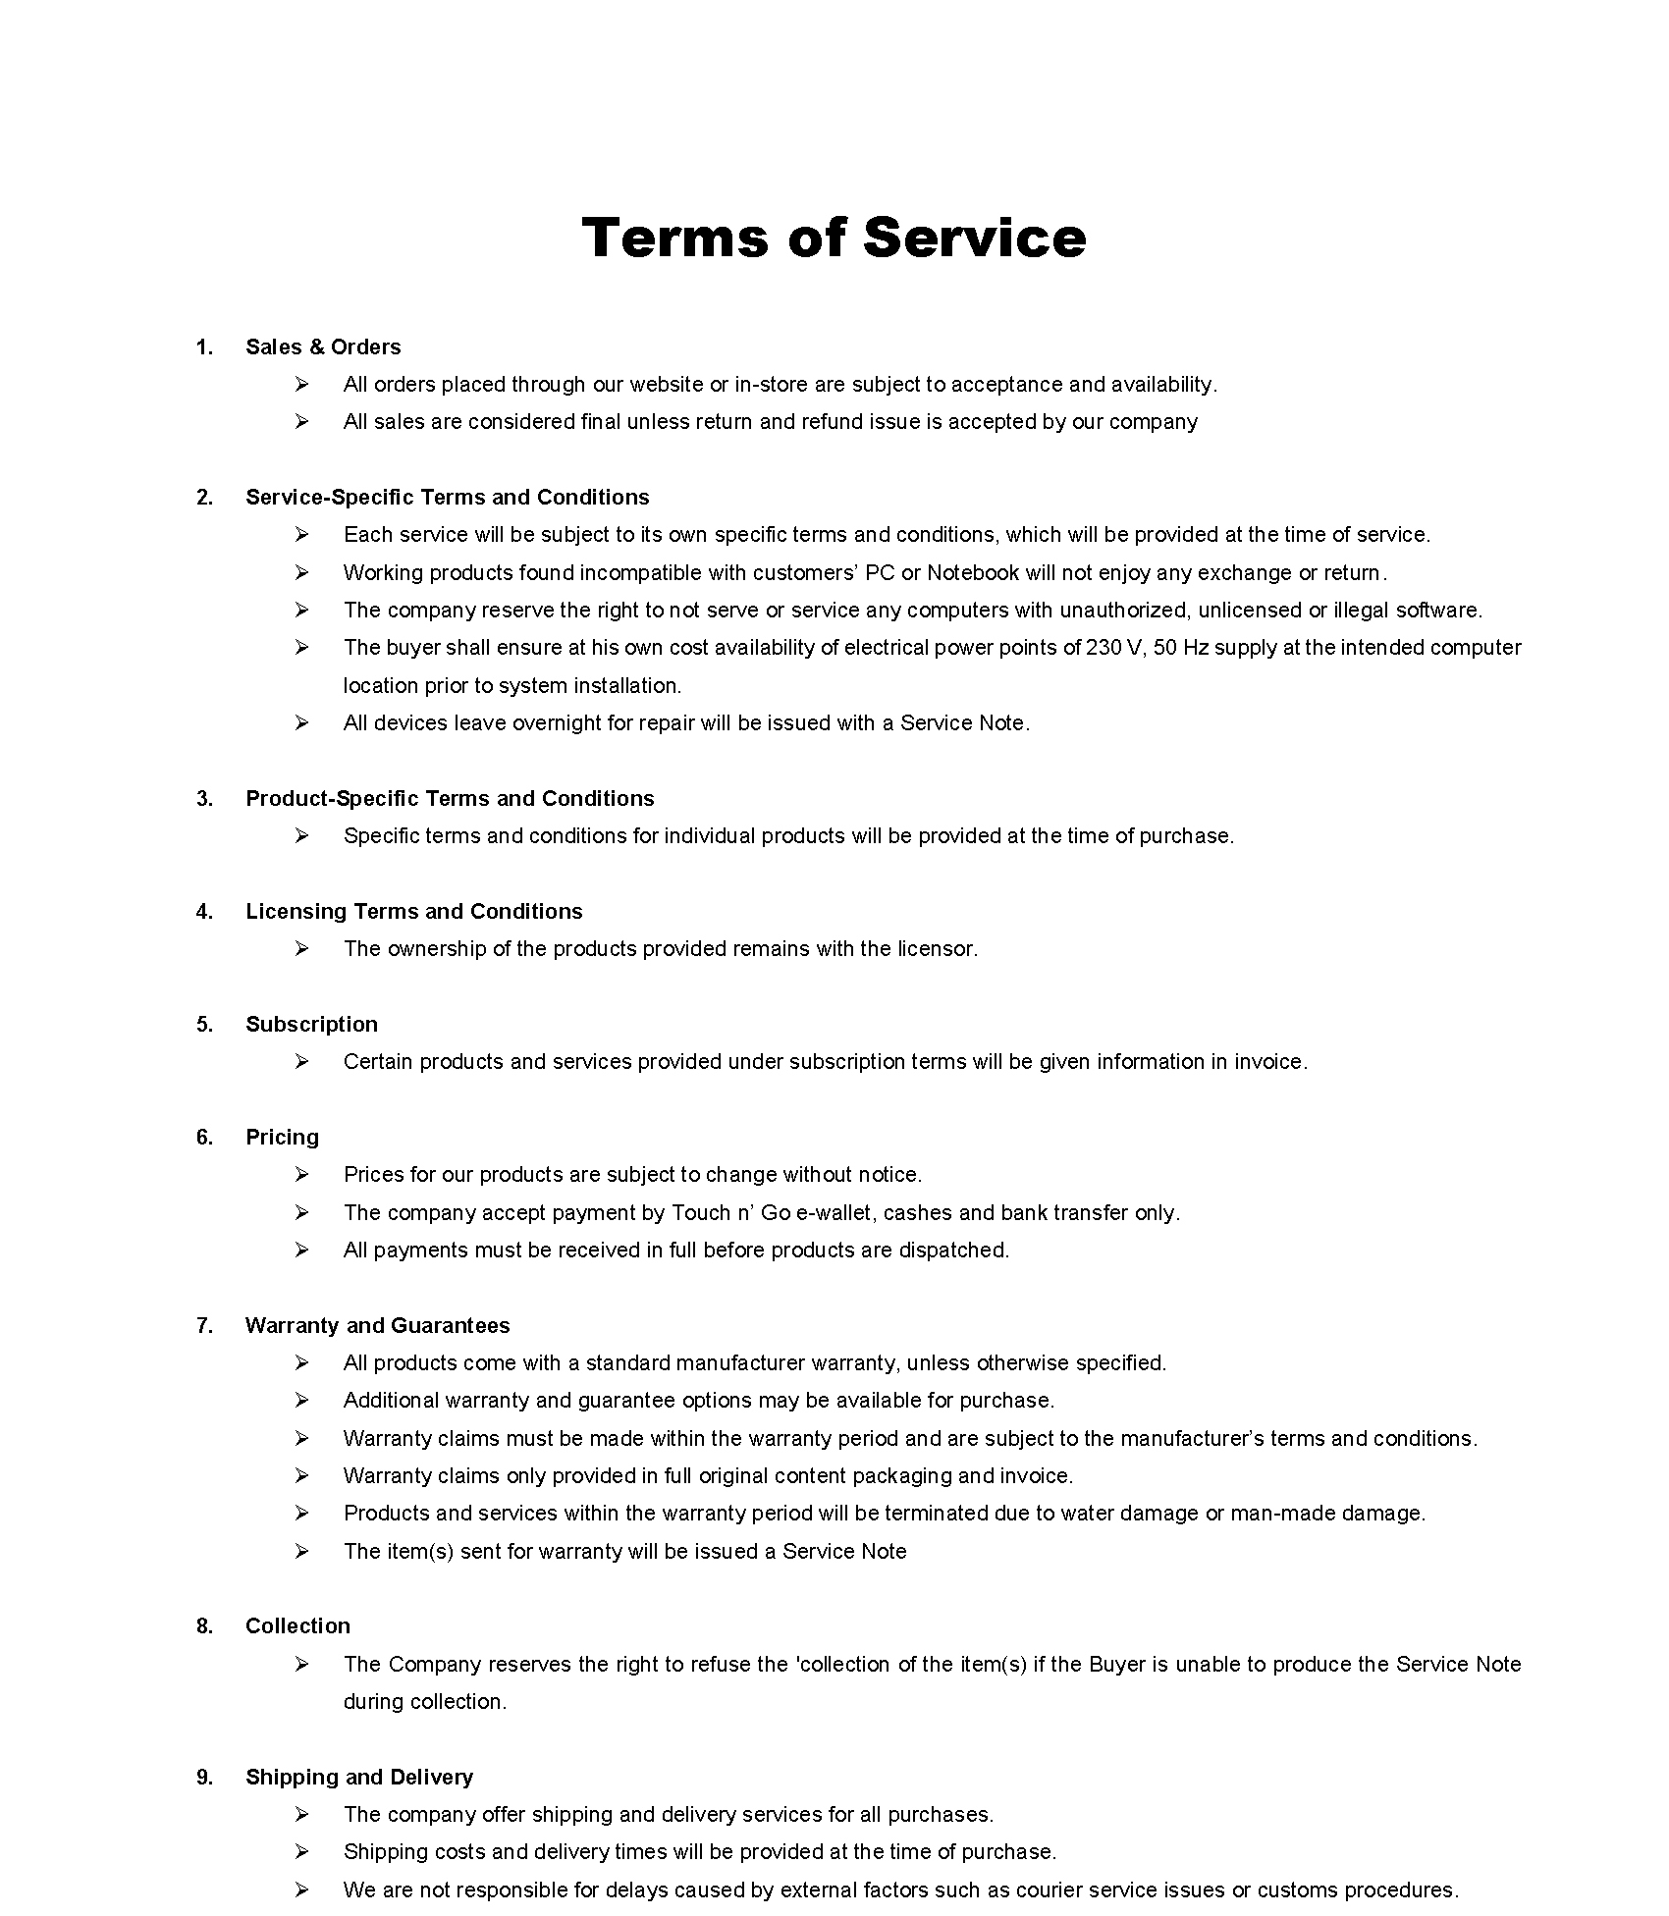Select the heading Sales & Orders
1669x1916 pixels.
click(x=323, y=346)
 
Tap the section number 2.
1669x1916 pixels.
click(x=204, y=498)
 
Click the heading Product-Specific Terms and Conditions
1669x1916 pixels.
click(x=450, y=798)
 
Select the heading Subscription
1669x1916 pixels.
click(x=311, y=1024)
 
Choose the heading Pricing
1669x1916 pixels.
click(x=282, y=1137)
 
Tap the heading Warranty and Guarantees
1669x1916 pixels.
click(x=377, y=1325)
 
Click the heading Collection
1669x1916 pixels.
click(x=297, y=1625)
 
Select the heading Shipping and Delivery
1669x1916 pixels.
click(x=359, y=1777)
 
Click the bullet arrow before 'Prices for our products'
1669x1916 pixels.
click(x=301, y=1174)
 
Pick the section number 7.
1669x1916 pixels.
click(x=204, y=1325)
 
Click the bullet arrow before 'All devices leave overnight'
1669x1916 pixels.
click(x=301, y=722)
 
